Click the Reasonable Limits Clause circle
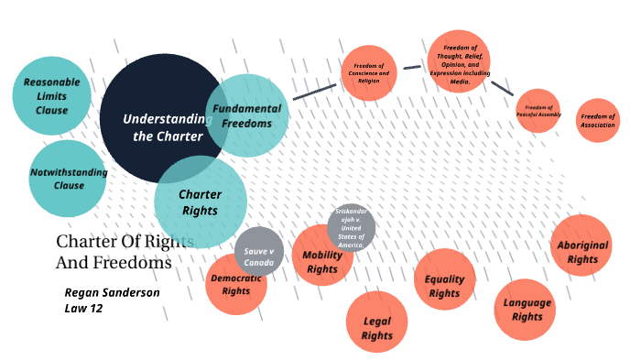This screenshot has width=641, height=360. [x=52, y=96]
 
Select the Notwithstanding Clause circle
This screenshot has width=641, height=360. [x=69, y=179]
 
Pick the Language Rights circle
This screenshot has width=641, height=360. [x=525, y=309]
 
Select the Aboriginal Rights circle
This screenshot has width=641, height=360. [x=581, y=245]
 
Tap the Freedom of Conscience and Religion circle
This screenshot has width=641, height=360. [x=368, y=76]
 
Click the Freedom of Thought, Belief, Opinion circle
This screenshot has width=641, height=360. [x=459, y=61]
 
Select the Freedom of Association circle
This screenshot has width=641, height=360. [x=598, y=119]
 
